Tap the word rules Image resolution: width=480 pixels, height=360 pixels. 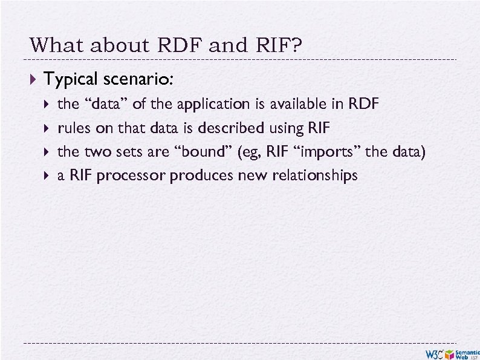tap(73, 128)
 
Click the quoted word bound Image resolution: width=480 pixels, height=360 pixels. tap(206, 152)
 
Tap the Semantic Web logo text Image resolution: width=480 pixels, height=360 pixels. tap(467, 353)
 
